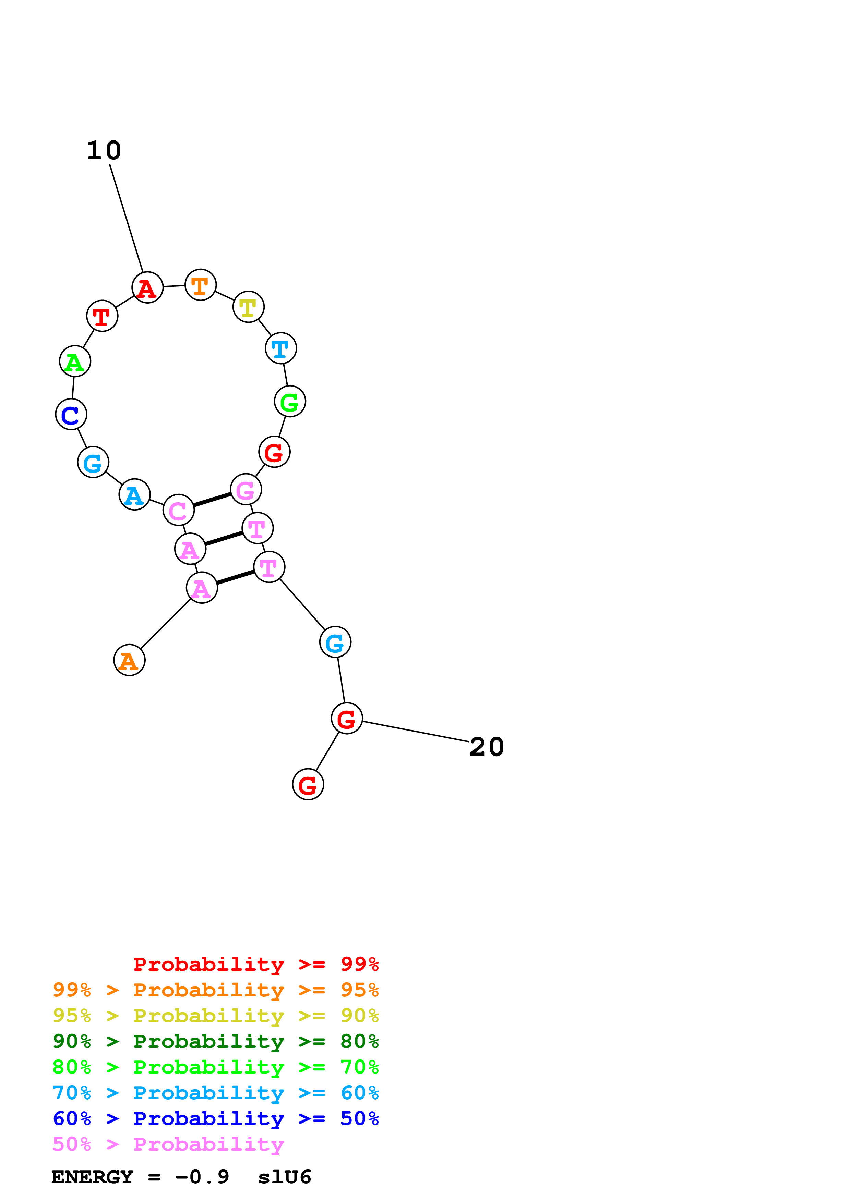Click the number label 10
[x=104, y=151]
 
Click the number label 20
[x=487, y=747]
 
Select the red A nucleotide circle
[x=147, y=287]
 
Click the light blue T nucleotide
[x=281, y=348]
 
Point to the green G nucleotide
[x=290, y=402]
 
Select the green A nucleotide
[x=75, y=361]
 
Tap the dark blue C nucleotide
[x=71, y=414]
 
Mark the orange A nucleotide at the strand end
[x=129, y=660]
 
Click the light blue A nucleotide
[x=135, y=494]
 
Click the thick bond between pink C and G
[x=212, y=500]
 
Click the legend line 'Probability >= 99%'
[x=255, y=964]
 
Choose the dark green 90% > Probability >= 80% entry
[x=215, y=1041]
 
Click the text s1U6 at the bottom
[x=284, y=1177]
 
